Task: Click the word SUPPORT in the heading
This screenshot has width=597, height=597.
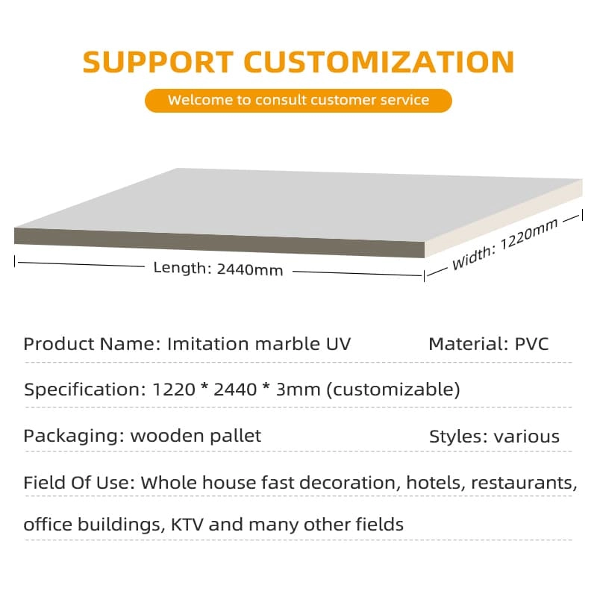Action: pyautogui.click(x=158, y=62)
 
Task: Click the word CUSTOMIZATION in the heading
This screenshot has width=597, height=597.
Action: pyautogui.click(x=379, y=62)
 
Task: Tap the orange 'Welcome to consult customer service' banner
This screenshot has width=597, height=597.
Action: pyautogui.click(x=298, y=101)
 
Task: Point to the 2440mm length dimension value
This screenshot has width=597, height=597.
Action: pyautogui.click(x=250, y=269)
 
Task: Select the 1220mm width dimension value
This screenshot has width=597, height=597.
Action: pyautogui.click(x=528, y=234)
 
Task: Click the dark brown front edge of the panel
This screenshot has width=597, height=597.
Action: pyautogui.click(x=219, y=242)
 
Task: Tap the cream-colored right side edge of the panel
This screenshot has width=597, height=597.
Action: pyautogui.click(x=503, y=218)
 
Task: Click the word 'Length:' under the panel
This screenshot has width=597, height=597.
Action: pyautogui.click(x=182, y=268)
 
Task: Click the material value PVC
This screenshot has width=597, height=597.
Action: pyautogui.click(x=531, y=344)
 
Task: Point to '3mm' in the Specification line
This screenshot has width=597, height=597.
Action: pyautogui.click(x=298, y=390)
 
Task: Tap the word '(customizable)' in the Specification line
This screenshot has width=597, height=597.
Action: pyautogui.click(x=394, y=390)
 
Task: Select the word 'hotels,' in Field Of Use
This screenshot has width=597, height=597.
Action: pyautogui.click(x=437, y=483)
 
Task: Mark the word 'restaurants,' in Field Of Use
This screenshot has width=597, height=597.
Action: pyautogui.click(x=524, y=483)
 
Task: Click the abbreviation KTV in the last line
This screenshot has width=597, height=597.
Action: pyautogui.click(x=187, y=525)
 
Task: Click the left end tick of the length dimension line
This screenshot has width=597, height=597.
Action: pyautogui.click(x=14, y=261)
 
